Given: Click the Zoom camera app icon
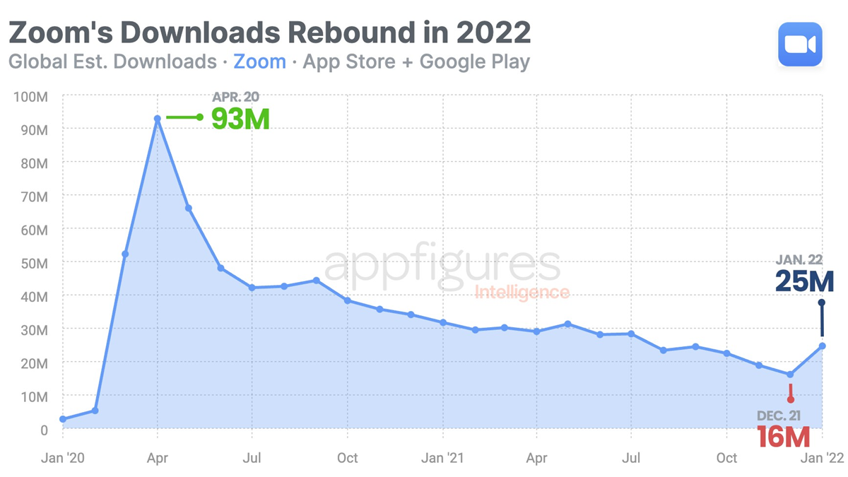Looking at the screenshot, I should tap(801, 45).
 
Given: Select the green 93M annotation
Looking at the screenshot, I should tap(240, 118).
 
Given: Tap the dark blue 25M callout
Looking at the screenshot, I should tap(804, 281).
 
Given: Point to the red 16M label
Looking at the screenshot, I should tap(783, 436).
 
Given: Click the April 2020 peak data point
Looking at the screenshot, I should tap(158, 119).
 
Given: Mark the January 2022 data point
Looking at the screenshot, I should tap(823, 346).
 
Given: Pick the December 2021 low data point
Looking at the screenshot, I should tap(790, 375).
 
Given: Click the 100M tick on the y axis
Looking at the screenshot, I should tap(30, 96).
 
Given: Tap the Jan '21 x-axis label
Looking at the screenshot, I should tap(443, 457).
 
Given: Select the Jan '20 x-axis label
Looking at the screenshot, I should tap(63, 457).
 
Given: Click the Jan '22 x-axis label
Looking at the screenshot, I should tap(823, 457).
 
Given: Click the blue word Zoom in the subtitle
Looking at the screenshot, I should tap(259, 61).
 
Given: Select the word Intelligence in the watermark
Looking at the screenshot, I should tap(522, 292).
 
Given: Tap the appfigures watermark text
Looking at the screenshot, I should tap(442, 266).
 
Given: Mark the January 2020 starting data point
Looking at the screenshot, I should tap(63, 419).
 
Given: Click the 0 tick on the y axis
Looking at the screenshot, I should tap(44, 429).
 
